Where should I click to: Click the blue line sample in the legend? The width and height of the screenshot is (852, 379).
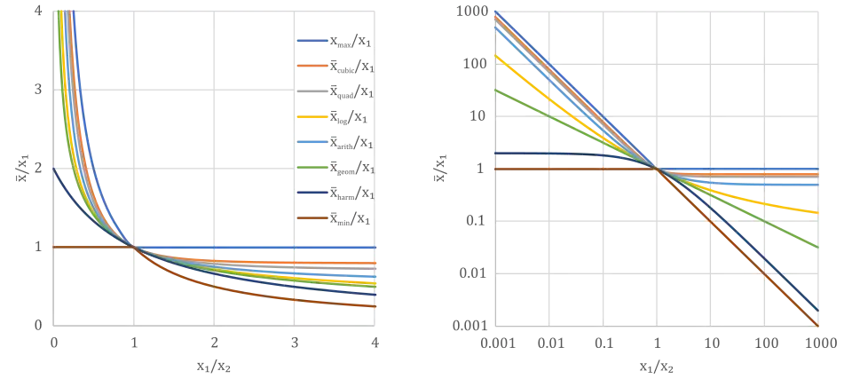(312, 41)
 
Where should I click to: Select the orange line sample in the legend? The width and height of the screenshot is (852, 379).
(312, 66)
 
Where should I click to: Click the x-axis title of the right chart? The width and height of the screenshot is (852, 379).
(655, 366)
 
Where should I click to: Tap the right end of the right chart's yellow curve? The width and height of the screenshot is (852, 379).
(817, 213)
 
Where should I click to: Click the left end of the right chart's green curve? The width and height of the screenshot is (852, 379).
(493, 89)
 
